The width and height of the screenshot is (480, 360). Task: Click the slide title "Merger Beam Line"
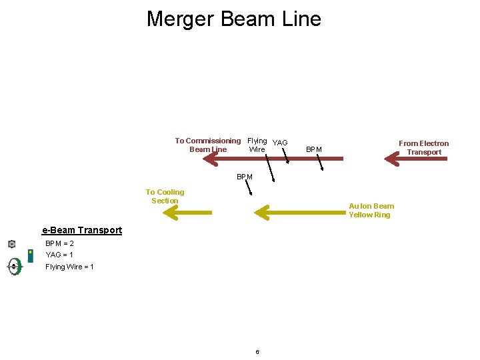[233, 19]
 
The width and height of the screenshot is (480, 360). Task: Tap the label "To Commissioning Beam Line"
[208, 145]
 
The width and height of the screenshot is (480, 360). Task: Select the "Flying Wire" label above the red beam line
[257, 145]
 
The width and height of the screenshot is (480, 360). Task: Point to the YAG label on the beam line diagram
[280, 143]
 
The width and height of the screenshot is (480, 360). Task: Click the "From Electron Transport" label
[424, 147]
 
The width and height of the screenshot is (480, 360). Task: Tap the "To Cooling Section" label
[165, 196]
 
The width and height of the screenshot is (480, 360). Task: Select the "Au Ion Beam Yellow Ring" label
[371, 210]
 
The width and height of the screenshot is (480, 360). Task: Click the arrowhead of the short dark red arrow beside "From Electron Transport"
[391, 159]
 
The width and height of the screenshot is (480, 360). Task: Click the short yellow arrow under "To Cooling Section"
[187, 213]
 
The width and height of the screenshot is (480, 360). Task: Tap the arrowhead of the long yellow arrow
[261, 213]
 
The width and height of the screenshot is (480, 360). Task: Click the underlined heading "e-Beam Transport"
[82, 230]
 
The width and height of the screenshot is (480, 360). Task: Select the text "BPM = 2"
[59, 243]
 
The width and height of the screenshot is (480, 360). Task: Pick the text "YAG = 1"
[59, 255]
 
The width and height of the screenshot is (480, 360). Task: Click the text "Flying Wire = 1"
[69, 267]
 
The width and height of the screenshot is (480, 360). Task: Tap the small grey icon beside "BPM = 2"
[11, 244]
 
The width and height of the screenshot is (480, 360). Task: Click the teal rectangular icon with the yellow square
[30, 255]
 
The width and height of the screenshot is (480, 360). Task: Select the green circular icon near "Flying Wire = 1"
[14, 267]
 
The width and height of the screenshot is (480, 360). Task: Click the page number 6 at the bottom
[257, 352]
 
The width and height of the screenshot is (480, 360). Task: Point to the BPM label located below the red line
[244, 177]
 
